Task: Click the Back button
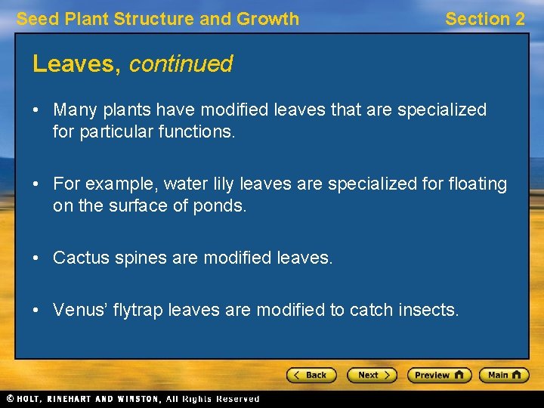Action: [x=311, y=375]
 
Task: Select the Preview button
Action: [x=439, y=375]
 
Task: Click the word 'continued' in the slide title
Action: [x=181, y=64]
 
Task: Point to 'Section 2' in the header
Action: [x=484, y=19]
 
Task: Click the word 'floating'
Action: [x=477, y=184]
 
